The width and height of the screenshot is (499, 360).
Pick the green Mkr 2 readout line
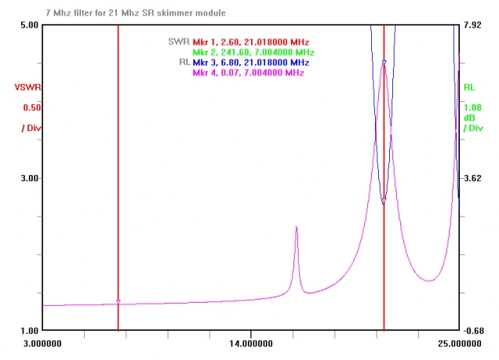pos(253,52)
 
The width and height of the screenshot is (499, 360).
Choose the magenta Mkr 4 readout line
pos(249,72)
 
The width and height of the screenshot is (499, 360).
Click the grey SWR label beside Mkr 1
pos(178,41)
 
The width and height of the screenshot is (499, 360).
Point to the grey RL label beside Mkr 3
pos(184,62)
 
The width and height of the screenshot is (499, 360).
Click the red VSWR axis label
pos(27,88)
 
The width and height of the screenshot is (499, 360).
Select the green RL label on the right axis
pos(469,88)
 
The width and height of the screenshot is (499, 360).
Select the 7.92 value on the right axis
pos(472,25)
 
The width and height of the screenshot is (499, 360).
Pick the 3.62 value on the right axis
pos(472,178)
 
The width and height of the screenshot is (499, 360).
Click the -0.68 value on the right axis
pos(473,330)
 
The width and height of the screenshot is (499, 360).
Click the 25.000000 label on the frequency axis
pos(458,344)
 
